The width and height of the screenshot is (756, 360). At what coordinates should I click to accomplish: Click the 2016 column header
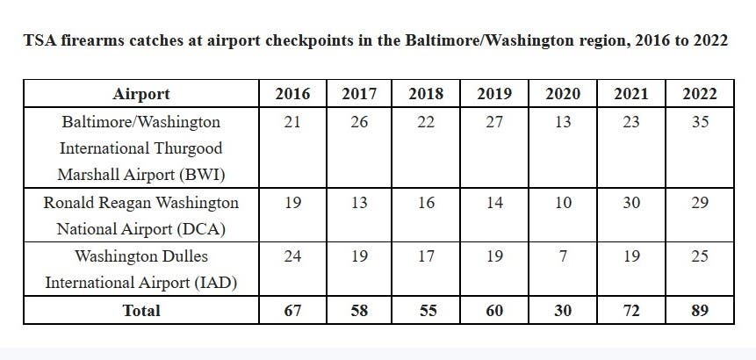point(292,94)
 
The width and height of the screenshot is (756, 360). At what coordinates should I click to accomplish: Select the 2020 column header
point(563,94)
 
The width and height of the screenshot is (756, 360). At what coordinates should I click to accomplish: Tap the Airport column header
point(141,94)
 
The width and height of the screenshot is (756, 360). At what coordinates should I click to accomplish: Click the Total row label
point(141,310)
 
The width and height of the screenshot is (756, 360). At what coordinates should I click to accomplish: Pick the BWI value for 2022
point(699,122)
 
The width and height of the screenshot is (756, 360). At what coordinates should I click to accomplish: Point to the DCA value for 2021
point(630,203)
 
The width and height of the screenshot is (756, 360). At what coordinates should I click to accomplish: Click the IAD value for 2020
point(563,257)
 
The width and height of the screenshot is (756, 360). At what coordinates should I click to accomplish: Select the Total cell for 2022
point(699,310)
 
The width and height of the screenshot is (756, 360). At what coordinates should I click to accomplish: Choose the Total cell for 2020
point(563,310)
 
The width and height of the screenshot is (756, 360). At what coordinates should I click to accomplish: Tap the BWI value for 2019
point(494,122)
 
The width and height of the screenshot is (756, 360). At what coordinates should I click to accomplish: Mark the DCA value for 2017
point(359,203)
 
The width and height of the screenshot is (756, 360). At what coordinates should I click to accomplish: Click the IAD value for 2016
point(292,257)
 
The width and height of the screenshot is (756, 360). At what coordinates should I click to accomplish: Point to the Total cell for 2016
point(292,310)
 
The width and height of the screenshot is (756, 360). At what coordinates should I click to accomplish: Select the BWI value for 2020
point(563,122)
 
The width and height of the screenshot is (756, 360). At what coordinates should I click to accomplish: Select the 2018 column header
point(426,94)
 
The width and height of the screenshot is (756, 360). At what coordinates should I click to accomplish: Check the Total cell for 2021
point(630,310)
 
